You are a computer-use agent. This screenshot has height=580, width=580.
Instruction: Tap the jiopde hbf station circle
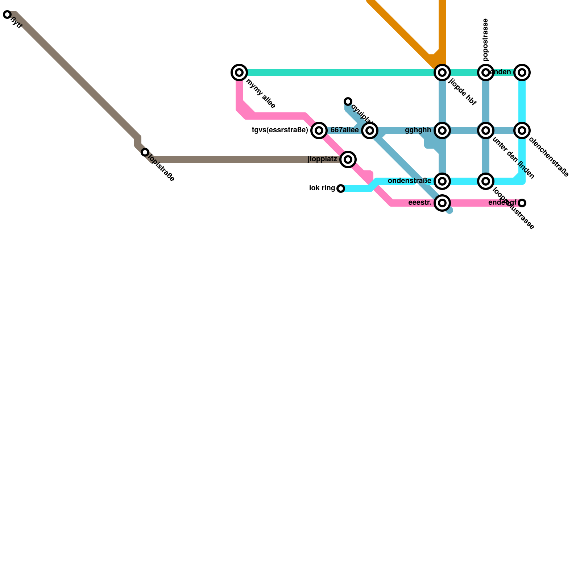(x=442, y=72)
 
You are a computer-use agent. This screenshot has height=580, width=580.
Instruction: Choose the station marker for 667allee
(x=370, y=130)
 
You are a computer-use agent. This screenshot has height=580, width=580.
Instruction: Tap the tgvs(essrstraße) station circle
(x=319, y=130)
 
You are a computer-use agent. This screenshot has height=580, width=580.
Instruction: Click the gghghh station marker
(x=442, y=130)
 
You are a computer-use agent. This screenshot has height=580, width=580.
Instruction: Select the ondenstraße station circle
(x=442, y=181)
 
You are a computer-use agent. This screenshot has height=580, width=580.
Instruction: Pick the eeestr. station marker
(x=442, y=203)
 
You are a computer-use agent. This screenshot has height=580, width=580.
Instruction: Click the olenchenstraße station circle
(x=522, y=130)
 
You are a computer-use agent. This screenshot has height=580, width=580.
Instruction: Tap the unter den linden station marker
(x=486, y=130)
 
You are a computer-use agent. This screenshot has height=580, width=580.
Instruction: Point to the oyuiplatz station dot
(x=348, y=101)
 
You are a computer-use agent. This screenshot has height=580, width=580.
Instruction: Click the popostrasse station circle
(x=486, y=72)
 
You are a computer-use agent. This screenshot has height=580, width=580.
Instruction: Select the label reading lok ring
(x=322, y=188)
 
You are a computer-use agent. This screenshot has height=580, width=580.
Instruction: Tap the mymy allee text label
(x=261, y=94)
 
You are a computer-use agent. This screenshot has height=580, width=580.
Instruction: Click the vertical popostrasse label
(x=486, y=40)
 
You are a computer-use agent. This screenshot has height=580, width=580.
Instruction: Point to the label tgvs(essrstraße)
(x=280, y=130)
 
